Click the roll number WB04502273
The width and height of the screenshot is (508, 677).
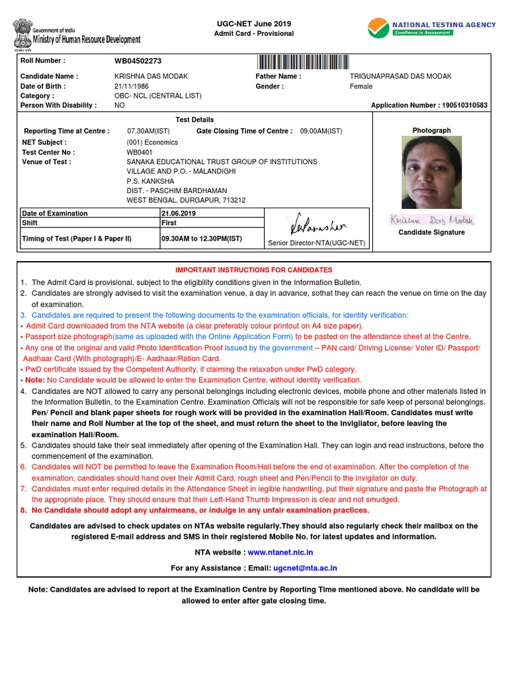coord(138,61)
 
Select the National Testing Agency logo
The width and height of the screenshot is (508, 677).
coord(431,28)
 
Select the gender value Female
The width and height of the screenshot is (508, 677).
coord(360,86)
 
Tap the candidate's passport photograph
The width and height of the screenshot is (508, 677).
coord(431,173)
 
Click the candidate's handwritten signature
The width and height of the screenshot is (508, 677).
coord(431,220)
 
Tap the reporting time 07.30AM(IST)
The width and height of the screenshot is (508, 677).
coord(148,131)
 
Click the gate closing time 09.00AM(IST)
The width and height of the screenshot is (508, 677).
coord(321,131)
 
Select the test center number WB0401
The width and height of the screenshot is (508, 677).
coord(140,151)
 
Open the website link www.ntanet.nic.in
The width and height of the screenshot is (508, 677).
coord(280,552)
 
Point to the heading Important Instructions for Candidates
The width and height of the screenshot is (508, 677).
coord(253,270)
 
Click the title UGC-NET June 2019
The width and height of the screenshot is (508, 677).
coord(253,23)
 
